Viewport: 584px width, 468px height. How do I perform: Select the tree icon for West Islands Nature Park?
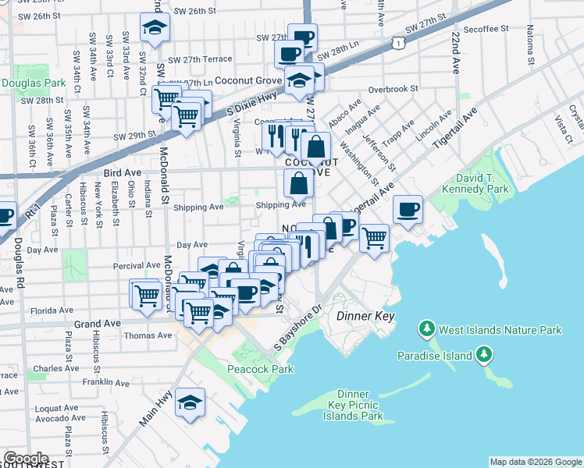(x=427, y=330)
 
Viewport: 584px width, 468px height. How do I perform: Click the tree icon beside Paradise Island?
(x=485, y=356)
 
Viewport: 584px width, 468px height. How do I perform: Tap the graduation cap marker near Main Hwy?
(x=191, y=402)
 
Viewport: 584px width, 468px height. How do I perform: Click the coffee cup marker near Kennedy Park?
(x=408, y=209)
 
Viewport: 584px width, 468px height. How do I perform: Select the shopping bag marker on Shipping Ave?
(x=299, y=184)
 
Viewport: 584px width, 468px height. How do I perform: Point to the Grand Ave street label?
(x=98, y=323)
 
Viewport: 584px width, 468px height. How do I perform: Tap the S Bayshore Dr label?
(x=298, y=327)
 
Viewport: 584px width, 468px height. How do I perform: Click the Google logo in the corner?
(x=27, y=459)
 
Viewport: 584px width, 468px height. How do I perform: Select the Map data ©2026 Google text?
(x=535, y=462)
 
